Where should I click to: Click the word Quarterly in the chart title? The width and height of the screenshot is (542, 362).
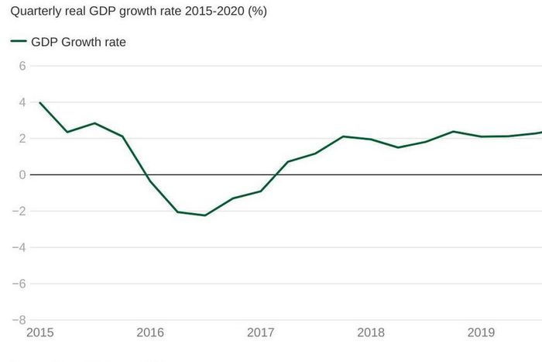point(36,12)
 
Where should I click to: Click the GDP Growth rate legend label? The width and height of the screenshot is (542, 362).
point(78,43)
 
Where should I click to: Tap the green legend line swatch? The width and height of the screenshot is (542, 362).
point(19,43)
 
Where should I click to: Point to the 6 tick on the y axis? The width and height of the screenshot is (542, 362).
point(22,66)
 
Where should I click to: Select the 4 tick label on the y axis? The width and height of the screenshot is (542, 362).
point(22,102)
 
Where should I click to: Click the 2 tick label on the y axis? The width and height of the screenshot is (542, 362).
point(22,139)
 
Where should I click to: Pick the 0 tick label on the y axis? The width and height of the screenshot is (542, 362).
point(22,175)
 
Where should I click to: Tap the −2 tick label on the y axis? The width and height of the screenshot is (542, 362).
point(19,212)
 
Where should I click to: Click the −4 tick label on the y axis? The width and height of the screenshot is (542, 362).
point(19,247)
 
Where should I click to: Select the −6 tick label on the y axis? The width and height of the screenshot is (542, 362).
point(19,284)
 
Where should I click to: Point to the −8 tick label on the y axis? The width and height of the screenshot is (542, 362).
point(19,319)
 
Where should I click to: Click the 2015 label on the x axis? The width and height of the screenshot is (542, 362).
point(40,333)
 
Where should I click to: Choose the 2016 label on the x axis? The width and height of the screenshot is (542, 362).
point(150,333)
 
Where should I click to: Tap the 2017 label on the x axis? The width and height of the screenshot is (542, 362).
point(261,333)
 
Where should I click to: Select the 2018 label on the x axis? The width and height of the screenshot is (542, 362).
point(372,333)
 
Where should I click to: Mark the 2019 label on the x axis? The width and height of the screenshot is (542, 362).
point(482,333)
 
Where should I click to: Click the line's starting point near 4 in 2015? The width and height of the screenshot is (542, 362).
point(39,103)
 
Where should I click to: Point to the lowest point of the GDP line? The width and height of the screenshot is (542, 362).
point(205,215)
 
